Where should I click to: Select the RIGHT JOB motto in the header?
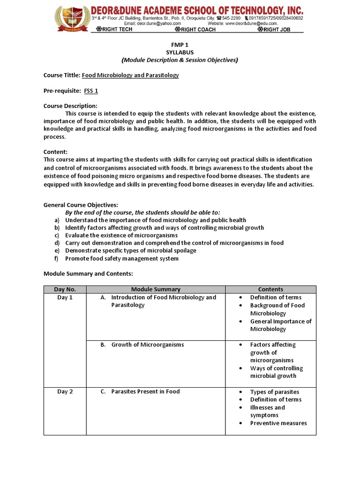coord(279,30)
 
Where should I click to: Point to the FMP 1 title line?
coord(180,45)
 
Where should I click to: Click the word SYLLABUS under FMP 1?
coord(180,52)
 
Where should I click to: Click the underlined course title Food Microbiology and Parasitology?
coord(130,75)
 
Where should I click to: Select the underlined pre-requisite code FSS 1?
coord(91,90)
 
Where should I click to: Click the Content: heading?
coord(55,152)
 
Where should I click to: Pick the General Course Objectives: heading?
coord(81,205)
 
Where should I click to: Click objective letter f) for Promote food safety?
coord(57,258)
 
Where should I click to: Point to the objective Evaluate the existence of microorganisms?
coord(121,235)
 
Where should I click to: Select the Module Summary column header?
coord(156,290)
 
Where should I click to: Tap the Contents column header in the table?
coord(270,290)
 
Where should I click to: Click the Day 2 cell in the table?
coord(65,391)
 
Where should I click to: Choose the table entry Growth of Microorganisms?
coord(147,345)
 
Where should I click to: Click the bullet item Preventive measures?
coord(278,423)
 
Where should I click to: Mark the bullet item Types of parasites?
coord(274,392)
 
